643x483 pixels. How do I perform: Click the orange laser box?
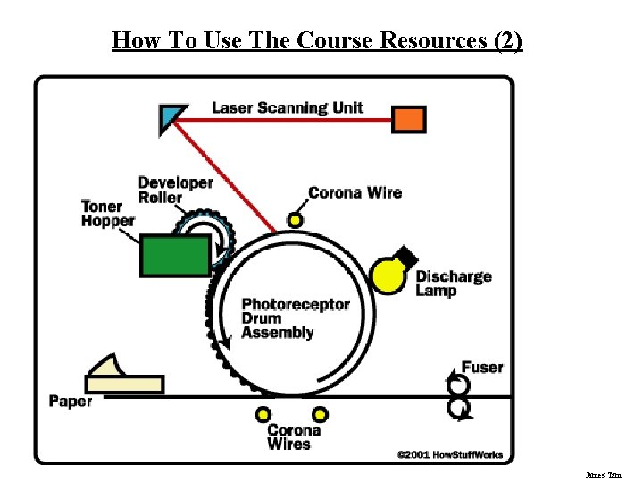(409, 118)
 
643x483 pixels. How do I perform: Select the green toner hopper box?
(175, 254)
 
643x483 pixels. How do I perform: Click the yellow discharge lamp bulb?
(388, 275)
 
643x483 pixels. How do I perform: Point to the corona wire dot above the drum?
(295, 220)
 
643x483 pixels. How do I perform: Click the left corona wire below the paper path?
(263, 414)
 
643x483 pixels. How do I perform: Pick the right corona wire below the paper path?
(320, 414)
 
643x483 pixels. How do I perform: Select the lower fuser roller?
(459, 408)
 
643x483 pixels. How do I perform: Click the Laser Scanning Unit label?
(287, 108)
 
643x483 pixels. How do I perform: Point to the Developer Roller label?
(175, 190)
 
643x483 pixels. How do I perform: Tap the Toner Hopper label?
(108, 214)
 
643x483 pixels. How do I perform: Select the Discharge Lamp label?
(453, 283)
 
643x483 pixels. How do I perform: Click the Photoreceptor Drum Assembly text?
(295, 318)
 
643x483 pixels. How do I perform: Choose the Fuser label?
(482, 367)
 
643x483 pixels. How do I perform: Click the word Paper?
(71, 401)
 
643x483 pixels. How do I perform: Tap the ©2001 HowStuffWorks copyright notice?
(449, 454)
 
